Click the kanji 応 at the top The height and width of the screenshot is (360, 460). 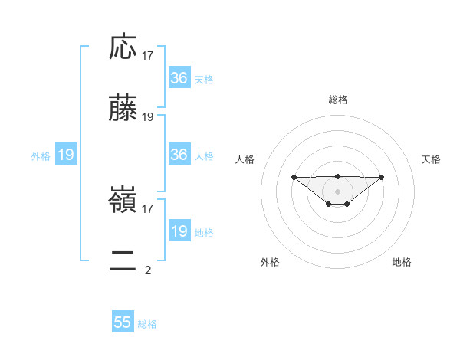(x=123, y=47)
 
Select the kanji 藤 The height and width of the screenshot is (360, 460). (x=123, y=109)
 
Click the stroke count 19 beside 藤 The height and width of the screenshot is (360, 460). (x=148, y=116)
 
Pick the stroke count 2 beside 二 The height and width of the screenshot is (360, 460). (x=148, y=270)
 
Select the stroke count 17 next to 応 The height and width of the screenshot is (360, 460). (x=148, y=55)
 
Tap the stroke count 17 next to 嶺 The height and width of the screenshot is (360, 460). (x=148, y=208)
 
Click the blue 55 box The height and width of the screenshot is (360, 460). (x=123, y=322)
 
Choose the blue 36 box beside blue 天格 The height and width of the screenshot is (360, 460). (x=179, y=78)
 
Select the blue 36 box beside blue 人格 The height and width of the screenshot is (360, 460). (x=179, y=155)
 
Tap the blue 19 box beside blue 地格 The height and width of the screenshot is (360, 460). (x=179, y=231)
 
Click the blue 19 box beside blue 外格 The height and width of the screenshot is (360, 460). (x=66, y=155)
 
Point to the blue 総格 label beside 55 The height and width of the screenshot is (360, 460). (x=147, y=324)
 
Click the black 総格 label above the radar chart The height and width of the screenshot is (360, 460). (x=337, y=100)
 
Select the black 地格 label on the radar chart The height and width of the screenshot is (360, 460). (x=402, y=262)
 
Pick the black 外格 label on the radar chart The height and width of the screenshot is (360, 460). (x=270, y=262)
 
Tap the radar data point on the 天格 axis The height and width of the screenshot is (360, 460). (x=382, y=177)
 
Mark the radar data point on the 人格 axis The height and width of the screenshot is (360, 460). (x=294, y=177)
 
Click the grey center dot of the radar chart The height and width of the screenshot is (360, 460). (x=337, y=191)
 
